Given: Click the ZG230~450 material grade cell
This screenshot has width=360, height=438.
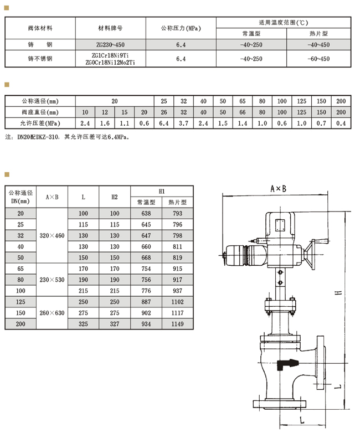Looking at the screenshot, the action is [x=110, y=45].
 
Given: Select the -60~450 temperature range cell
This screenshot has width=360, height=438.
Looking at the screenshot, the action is [x=318, y=59].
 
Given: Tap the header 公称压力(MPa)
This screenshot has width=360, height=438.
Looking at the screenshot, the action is [x=181, y=28].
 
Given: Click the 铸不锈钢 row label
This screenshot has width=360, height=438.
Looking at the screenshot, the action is [x=40, y=59].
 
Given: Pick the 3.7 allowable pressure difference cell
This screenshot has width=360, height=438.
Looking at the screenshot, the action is [x=183, y=123].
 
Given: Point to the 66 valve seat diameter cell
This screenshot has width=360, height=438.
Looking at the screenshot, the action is [x=243, y=112].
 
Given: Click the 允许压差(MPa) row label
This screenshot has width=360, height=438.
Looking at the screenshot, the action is [x=40, y=123].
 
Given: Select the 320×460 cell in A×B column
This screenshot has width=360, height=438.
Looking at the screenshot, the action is [x=52, y=235].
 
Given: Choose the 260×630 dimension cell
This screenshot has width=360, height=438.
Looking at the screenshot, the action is [x=52, y=313].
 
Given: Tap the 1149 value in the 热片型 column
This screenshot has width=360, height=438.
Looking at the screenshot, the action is [x=177, y=324].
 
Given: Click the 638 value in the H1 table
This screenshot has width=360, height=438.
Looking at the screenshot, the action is [x=146, y=213].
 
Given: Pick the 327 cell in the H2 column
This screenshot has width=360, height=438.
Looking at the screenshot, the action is [x=115, y=324].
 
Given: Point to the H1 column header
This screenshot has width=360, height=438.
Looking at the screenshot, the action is [x=162, y=192].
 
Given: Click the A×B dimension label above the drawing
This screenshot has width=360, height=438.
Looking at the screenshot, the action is [x=279, y=189].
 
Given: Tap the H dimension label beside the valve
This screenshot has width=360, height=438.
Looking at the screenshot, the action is [x=339, y=292].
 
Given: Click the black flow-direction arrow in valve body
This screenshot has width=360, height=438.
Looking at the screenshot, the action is [x=287, y=364].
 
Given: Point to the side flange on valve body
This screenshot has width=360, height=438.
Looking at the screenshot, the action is [x=321, y=363].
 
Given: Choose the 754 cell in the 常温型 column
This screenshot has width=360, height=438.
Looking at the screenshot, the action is [x=146, y=269].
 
